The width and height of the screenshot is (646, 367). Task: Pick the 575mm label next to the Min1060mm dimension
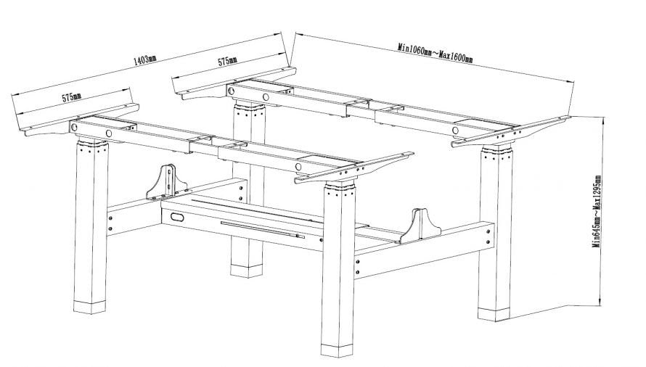click(x=227, y=62)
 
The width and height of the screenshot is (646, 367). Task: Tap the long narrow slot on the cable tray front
click(x=261, y=228)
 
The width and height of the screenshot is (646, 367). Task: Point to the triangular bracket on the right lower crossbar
click(x=417, y=226)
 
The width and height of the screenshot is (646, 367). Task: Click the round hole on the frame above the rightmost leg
click(x=456, y=131)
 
